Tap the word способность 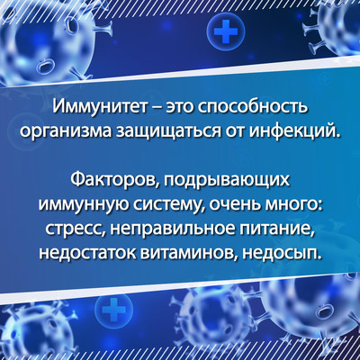pyautogui.click(x=253, y=108)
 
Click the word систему pyautogui.click(x=168, y=206)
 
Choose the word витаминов pyautogui.click(x=189, y=255)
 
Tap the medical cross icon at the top pyautogui.click(x=226, y=31)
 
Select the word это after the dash pyautogui.click(x=179, y=108)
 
